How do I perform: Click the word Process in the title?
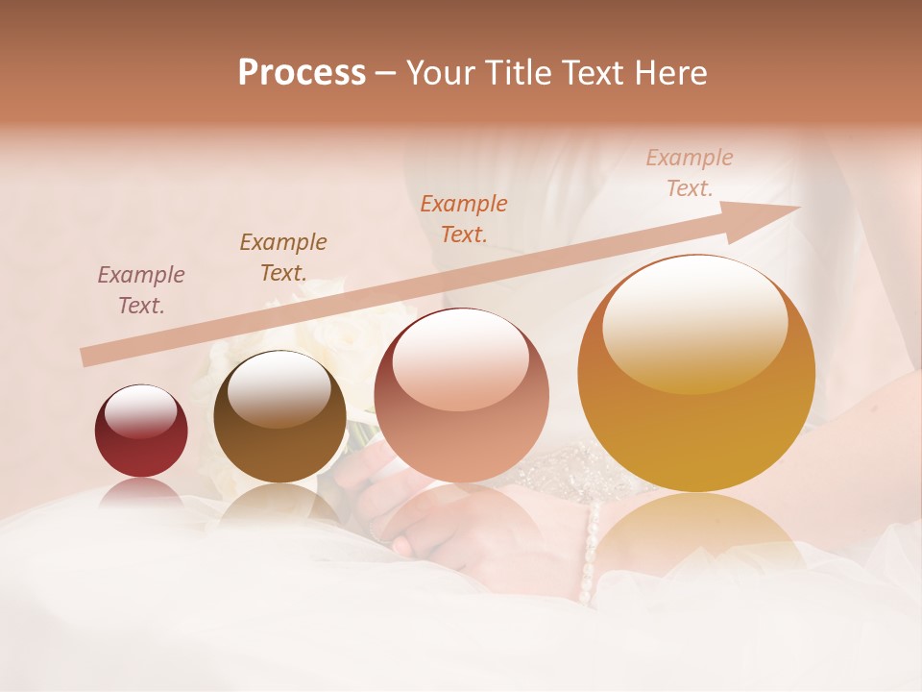tap(302, 73)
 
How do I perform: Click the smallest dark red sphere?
tap(141, 432)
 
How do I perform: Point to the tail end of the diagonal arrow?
tap(85, 358)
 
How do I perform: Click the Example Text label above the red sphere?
tap(141, 290)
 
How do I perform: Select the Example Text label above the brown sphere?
tap(283, 258)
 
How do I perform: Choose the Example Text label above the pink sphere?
tap(464, 218)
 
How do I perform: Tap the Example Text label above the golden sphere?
tap(690, 173)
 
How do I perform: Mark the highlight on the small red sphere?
tap(140, 410)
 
